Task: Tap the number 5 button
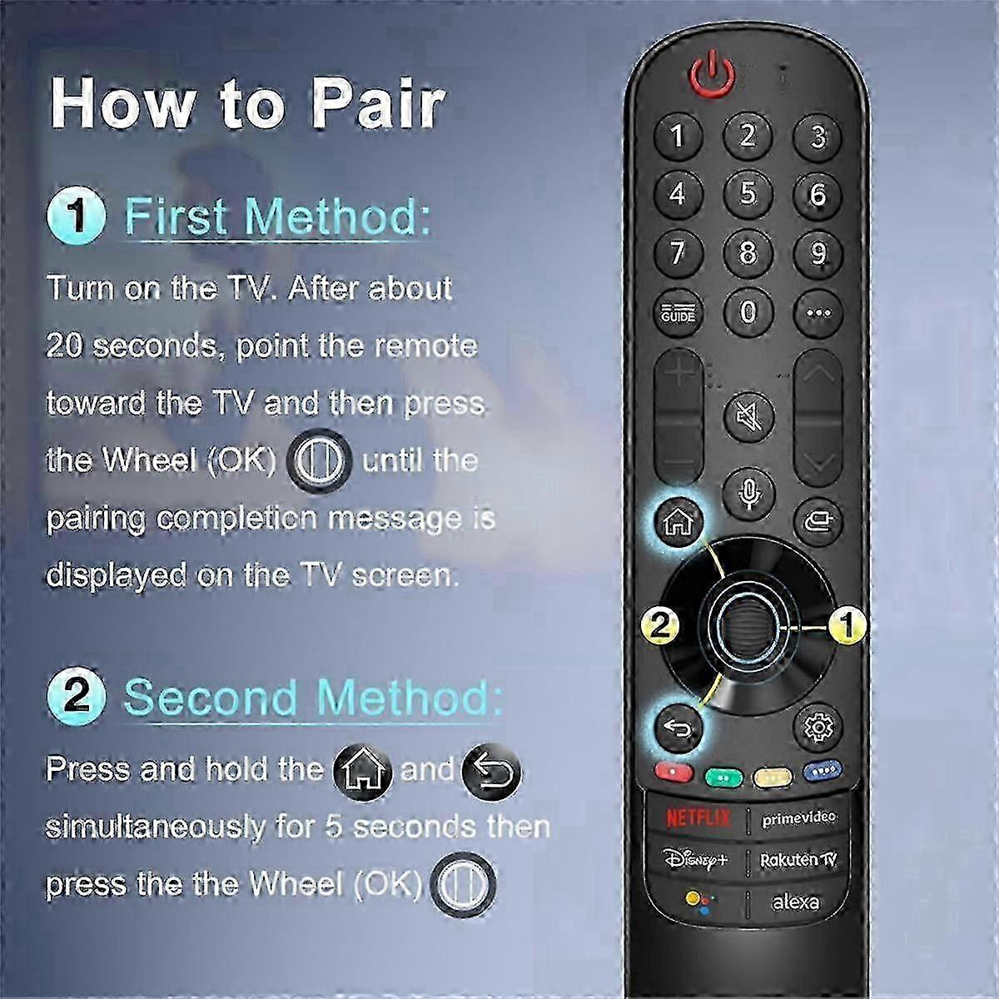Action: [x=748, y=194]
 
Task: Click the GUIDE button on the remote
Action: [x=678, y=313]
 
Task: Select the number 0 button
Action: [x=748, y=313]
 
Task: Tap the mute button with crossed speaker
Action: [x=748, y=417]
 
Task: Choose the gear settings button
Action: [x=819, y=728]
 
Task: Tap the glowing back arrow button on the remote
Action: [x=678, y=728]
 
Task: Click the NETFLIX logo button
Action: [x=698, y=818]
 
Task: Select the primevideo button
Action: [x=798, y=818]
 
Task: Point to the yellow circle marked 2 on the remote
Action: [x=660, y=626]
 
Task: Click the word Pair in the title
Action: [x=377, y=104]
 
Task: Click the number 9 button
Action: [x=818, y=254]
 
